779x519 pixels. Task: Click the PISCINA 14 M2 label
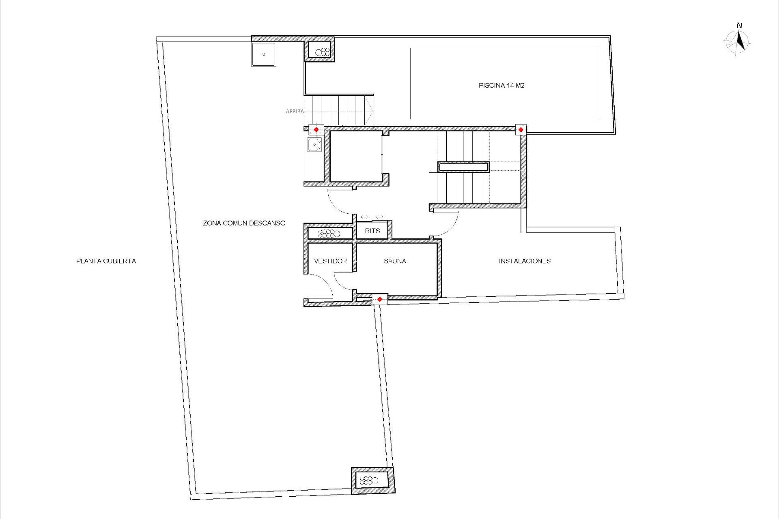coord(501,86)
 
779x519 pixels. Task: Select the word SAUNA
coord(395,261)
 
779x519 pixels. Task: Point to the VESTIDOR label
coord(330,261)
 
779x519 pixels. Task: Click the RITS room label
coord(372,231)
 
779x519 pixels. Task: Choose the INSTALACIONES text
coord(525,261)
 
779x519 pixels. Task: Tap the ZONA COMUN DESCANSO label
coord(244,223)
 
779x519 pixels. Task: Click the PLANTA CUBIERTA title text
coord(106,261)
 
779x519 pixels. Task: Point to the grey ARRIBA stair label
coord(295,111)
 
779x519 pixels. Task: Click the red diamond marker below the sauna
coord(379,300)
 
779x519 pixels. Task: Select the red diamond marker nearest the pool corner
coord(521,130)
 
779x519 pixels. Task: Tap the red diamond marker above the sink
coord(316,130)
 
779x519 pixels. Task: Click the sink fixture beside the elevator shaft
coord(315,144)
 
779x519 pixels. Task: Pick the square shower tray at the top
coord(263,54)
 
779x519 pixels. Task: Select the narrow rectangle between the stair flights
coord(464,167)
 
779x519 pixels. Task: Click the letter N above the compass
coord(739,26)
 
